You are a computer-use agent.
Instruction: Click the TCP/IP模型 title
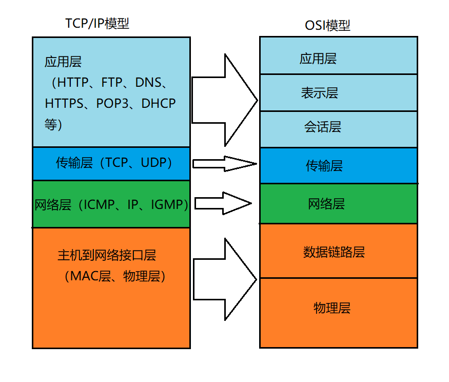pyautogui.click(x=97, y=24)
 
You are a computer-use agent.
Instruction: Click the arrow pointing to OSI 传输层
pyautogui.click(x=224, y=164)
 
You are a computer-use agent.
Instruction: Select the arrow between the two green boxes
pyautogui.click(x=223, y=203)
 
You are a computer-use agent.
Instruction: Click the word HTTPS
pyautogui.click(x=64, y=103)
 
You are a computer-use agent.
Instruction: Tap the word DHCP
pyautogui.click(x=159, y=103)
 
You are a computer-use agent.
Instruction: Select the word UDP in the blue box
pyautogui.click(x=153, y=163)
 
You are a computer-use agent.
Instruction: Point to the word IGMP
pyautogui.click(x=167, y=204)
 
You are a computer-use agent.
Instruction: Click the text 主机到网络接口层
pyautogui.click(x=107, y=255)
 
